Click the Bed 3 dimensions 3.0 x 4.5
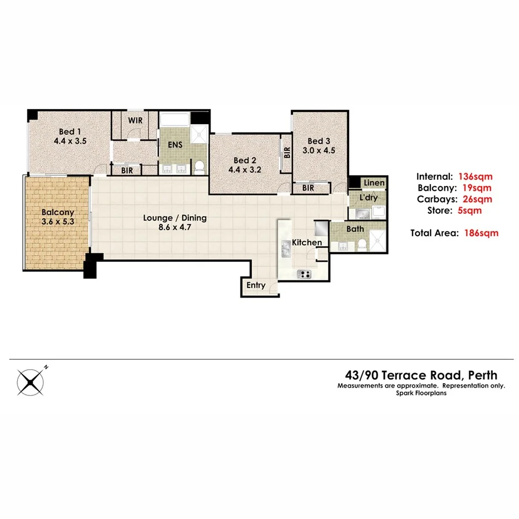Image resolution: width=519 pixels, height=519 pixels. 315,151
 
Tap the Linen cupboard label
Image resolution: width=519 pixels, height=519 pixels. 373,183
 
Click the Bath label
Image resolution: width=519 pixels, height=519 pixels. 355,228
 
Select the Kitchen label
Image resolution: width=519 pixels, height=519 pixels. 307,243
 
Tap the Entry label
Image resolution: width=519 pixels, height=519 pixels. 256,286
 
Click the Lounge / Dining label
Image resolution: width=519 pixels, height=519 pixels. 175,218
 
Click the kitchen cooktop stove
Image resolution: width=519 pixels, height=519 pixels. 305,273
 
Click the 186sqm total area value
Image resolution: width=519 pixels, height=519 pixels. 481,233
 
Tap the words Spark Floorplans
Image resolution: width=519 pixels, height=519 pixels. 421,393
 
